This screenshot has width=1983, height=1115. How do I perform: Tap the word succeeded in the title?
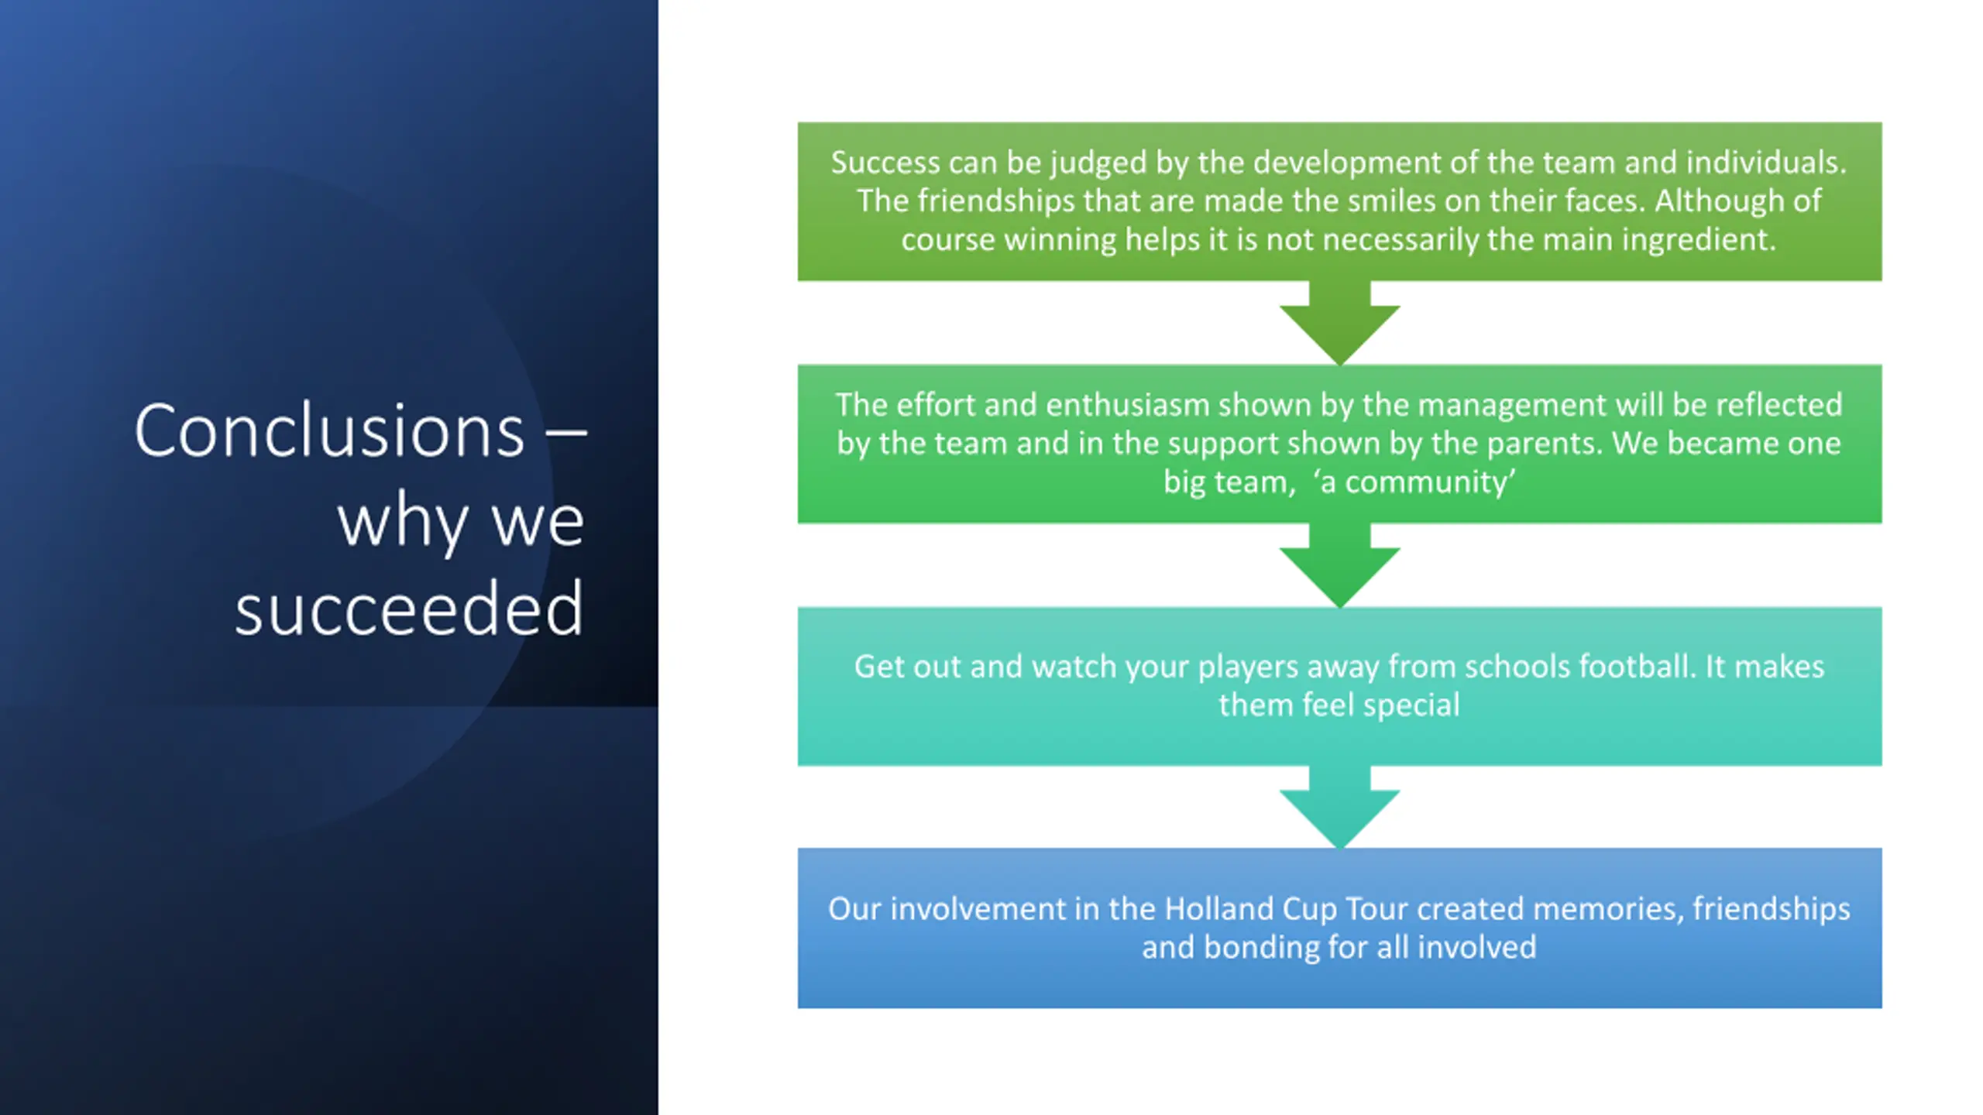409,609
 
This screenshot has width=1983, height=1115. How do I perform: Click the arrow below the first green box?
1339,322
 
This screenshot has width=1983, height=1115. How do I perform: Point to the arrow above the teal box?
1339,564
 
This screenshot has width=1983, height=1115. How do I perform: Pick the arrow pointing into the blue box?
1339,807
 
